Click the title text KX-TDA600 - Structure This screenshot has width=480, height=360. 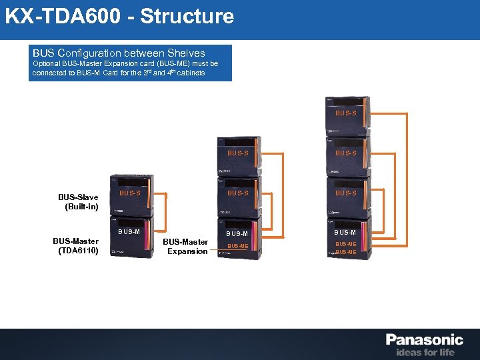pyautogui.click(x=120, y=16)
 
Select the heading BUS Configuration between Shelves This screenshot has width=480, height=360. pyautogui.click(x=119, y=53)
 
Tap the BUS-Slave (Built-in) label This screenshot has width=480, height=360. pyautogui.click(x=79, y=202)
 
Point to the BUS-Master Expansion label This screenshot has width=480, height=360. pyautogui.click(x=186, y=247)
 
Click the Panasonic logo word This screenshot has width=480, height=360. pyautogui.click(x=424, y=340)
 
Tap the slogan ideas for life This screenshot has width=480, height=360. pyautogui.click(x=425, y=352)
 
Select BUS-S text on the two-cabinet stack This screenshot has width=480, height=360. pyautogui.click(x=129, y=193)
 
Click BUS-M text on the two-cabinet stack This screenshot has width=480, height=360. pyautogui.click(x=129, y=232)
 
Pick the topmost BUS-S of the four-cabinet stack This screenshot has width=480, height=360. pyautogui.click(x=345, y=113)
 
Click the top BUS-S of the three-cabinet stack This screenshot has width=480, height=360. pyautogui.click(x=237, y=153)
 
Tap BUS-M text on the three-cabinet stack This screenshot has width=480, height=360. pyautogui.click(x=237, y=234)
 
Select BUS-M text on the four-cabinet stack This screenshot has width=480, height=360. pyautogui.click(x=345, y=232)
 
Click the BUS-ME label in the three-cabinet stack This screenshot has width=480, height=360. pyautogui.click(x=237, y=246)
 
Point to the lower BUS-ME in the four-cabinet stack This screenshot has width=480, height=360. pyautogui.click(x=345, y=253)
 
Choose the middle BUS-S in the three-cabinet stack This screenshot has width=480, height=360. pyautogui.click(x=237, y=193)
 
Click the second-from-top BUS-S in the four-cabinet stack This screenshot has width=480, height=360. pyautogui.click(x=345, y=153)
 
